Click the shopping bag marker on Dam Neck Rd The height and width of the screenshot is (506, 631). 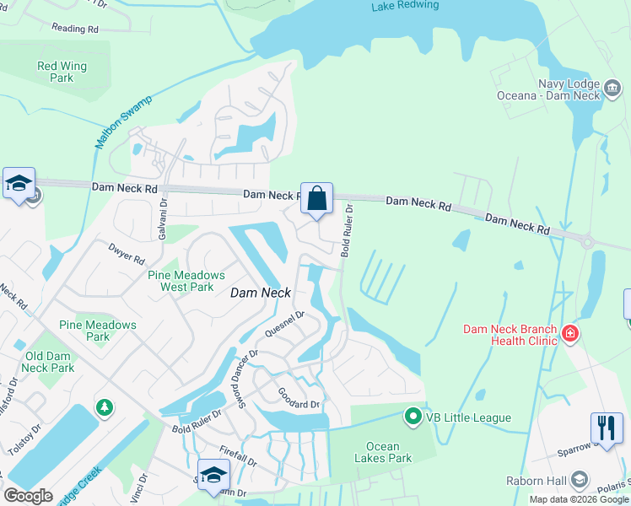317,199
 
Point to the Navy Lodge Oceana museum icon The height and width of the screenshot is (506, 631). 613,85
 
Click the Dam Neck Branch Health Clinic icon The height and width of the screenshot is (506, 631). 571,334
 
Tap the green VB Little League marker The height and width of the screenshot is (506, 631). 413,417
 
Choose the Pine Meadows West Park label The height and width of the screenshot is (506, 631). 186,281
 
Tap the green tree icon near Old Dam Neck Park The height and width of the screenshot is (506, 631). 105,408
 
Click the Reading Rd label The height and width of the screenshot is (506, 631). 75,28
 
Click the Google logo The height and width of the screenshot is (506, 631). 29,496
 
